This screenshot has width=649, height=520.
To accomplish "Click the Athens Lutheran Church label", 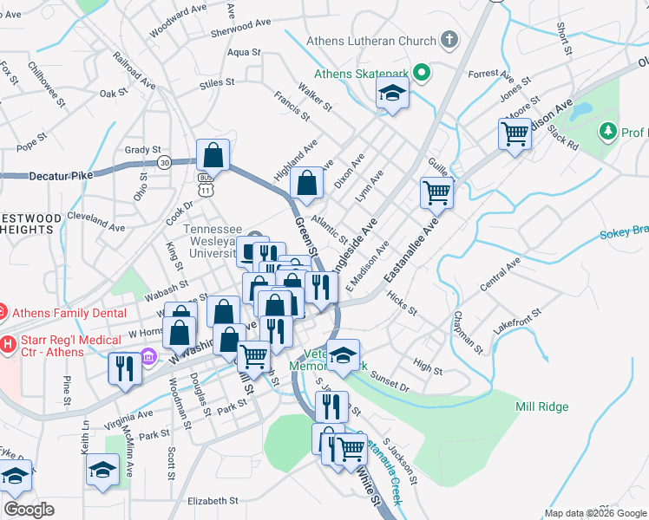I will click(x=371, y=41).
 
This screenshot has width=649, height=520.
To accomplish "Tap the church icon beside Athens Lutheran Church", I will click(x=449, y=40).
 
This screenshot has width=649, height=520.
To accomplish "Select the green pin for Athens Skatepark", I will click(x=423, y=73).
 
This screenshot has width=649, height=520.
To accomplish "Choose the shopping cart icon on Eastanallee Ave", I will click(x=436, y=192).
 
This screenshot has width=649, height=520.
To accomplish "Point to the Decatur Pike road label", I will click(x=36, y=175).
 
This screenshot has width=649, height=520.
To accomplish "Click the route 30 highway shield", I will click(x=164, y=161).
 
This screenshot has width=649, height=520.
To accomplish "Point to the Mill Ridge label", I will click(x=542, y=406).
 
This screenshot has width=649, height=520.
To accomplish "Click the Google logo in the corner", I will click(x=29, y=509).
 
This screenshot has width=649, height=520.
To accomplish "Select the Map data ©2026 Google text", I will click(x=594, y=513).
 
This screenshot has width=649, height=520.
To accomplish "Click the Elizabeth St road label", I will click(x=213, y=501).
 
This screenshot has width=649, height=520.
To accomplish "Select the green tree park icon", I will click(x=607, y=132).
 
